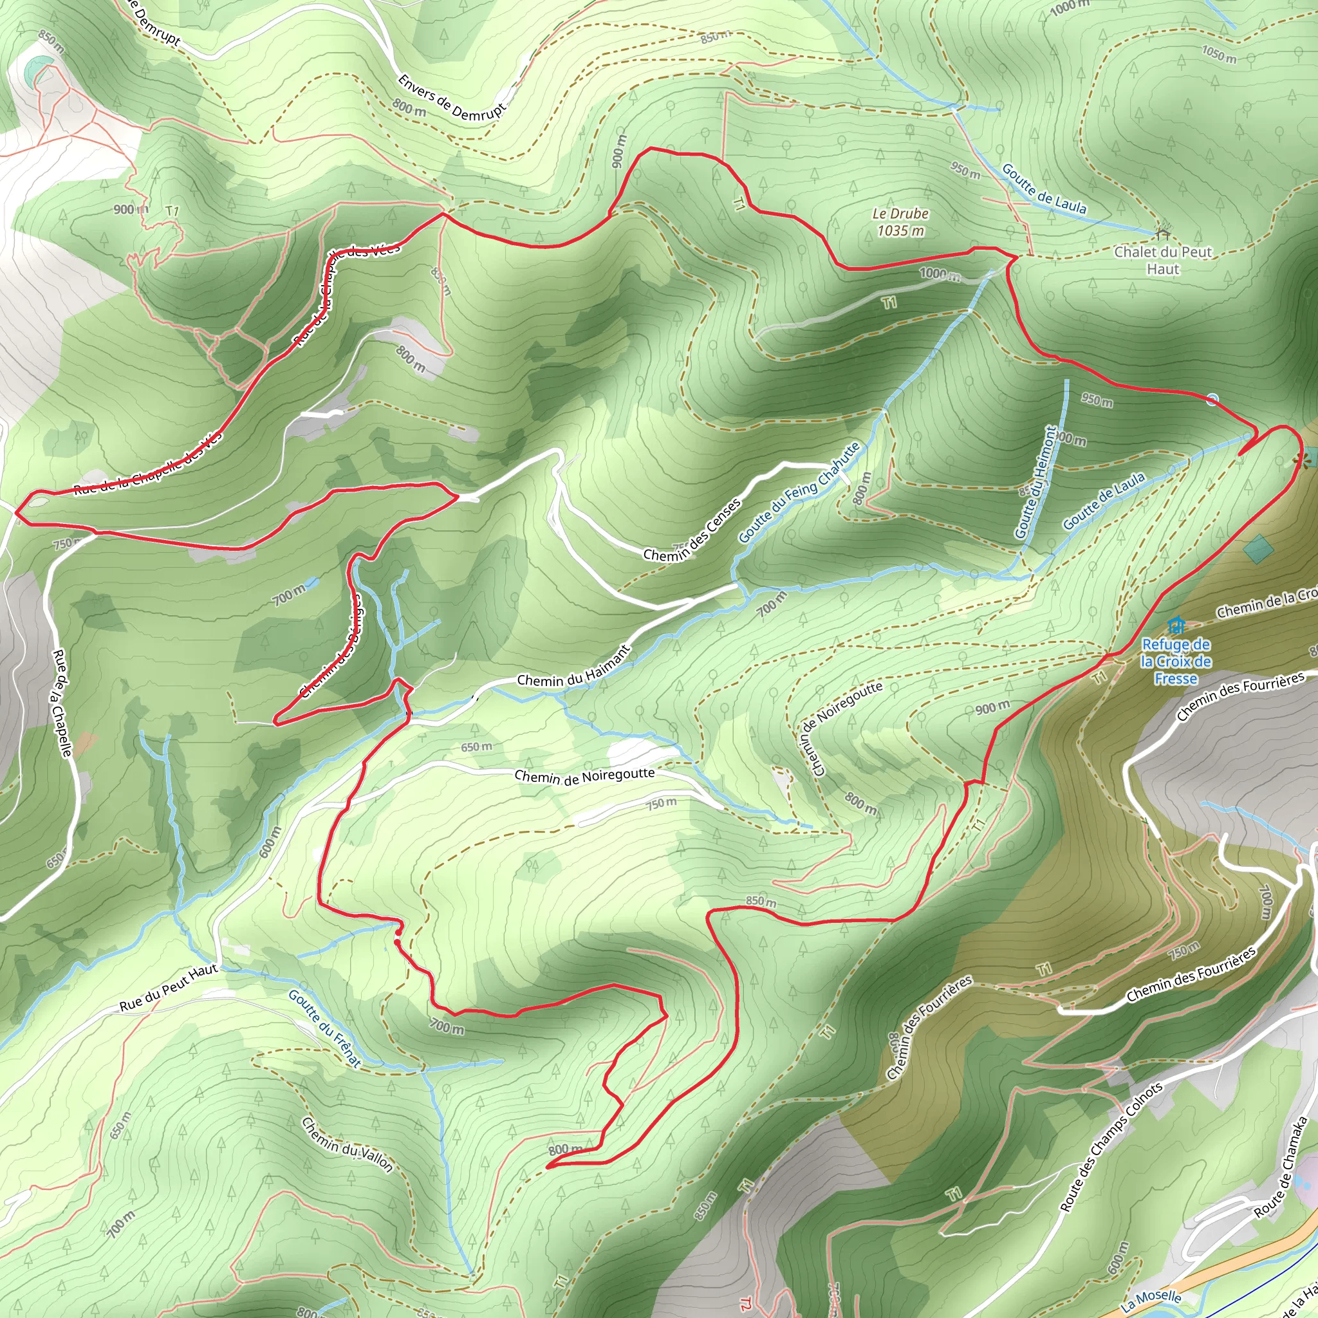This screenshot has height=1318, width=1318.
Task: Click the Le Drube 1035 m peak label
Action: coord(900,223)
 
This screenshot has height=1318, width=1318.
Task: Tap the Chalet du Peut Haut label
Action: coord(1162,260)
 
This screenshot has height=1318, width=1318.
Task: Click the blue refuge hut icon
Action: coord(1174,625)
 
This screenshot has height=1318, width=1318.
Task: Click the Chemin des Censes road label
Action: coord(692,530)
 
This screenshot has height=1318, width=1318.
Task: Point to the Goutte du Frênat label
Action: coord(324,1027)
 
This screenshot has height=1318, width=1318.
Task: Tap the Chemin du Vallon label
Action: coord(348,1144)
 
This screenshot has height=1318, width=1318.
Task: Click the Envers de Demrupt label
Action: coord(452,98)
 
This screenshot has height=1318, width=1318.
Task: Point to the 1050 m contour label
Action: coord(1218,55)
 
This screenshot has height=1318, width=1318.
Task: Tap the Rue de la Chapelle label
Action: coord(62,703)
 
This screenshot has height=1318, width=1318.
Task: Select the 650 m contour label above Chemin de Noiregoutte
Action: coord(476,747)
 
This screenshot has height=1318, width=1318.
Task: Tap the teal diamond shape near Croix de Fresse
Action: coord(1258,548)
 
